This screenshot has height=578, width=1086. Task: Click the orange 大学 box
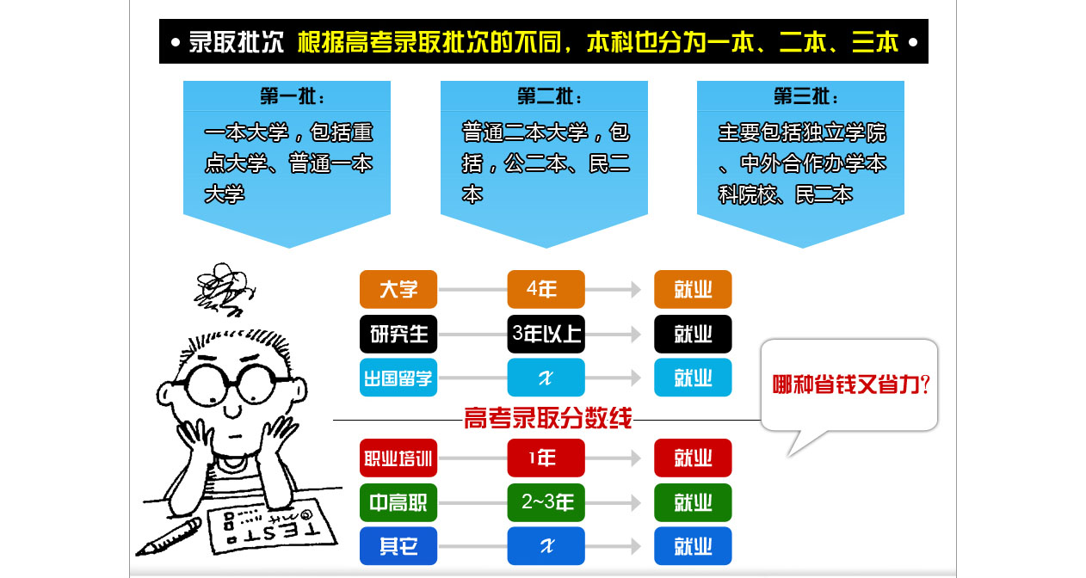coord(398,289)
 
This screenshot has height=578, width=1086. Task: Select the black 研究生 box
coord(398,334)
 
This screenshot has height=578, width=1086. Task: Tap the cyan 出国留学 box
coord(398,378)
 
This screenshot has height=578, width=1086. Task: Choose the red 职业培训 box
coord(398,458)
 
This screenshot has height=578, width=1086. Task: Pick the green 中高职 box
coord(398,502)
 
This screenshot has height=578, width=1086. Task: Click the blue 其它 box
coord(398,546)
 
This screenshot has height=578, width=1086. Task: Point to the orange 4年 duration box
coord(546,289)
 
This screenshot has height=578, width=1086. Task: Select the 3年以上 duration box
coord(546,334)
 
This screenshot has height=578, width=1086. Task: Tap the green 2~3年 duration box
coord(546,502)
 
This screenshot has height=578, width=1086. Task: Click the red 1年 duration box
coord(546,458)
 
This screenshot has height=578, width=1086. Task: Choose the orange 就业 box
coord(693,289)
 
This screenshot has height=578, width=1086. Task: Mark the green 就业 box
coord(693,502)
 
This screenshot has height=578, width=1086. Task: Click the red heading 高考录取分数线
coord(548,418)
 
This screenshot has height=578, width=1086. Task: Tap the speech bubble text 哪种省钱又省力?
coord(851,385)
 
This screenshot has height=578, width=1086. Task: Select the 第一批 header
coord(292,96)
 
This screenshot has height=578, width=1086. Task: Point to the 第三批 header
coord(805,96)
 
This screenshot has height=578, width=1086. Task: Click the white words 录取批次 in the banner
coord(236,42)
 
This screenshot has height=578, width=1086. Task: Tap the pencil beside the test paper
coord(169,537)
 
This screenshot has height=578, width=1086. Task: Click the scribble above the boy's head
coord(224,289)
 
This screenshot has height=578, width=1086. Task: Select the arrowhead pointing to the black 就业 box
coord(636,334)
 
